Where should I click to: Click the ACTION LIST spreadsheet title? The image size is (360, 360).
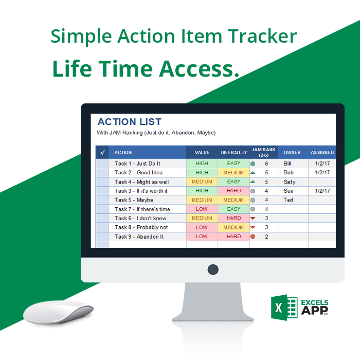point(130,122)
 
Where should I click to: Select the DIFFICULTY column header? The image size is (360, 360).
point(234,153)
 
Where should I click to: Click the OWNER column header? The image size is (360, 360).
point(292,153)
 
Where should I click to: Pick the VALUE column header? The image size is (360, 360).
point(202,153)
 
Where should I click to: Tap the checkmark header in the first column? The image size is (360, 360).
point(102,153)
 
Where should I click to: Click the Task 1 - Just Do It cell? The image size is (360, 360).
point(137,164)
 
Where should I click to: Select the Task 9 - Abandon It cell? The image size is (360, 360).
point(139,237)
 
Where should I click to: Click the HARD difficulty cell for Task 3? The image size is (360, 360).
point(233,191)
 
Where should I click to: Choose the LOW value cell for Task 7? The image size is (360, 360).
point(202,209)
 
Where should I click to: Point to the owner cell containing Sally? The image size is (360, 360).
point(290,182)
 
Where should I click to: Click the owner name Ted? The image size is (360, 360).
point(288,200)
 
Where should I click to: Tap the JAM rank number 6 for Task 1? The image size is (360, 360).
point(266,164)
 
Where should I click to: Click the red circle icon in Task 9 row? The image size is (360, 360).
point(253,237)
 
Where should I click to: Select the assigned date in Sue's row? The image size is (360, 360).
point(322,191)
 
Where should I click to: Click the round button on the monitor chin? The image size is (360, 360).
point(212,269)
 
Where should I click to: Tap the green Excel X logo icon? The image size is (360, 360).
point(284,308)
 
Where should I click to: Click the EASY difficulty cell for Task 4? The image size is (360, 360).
point(233,182)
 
